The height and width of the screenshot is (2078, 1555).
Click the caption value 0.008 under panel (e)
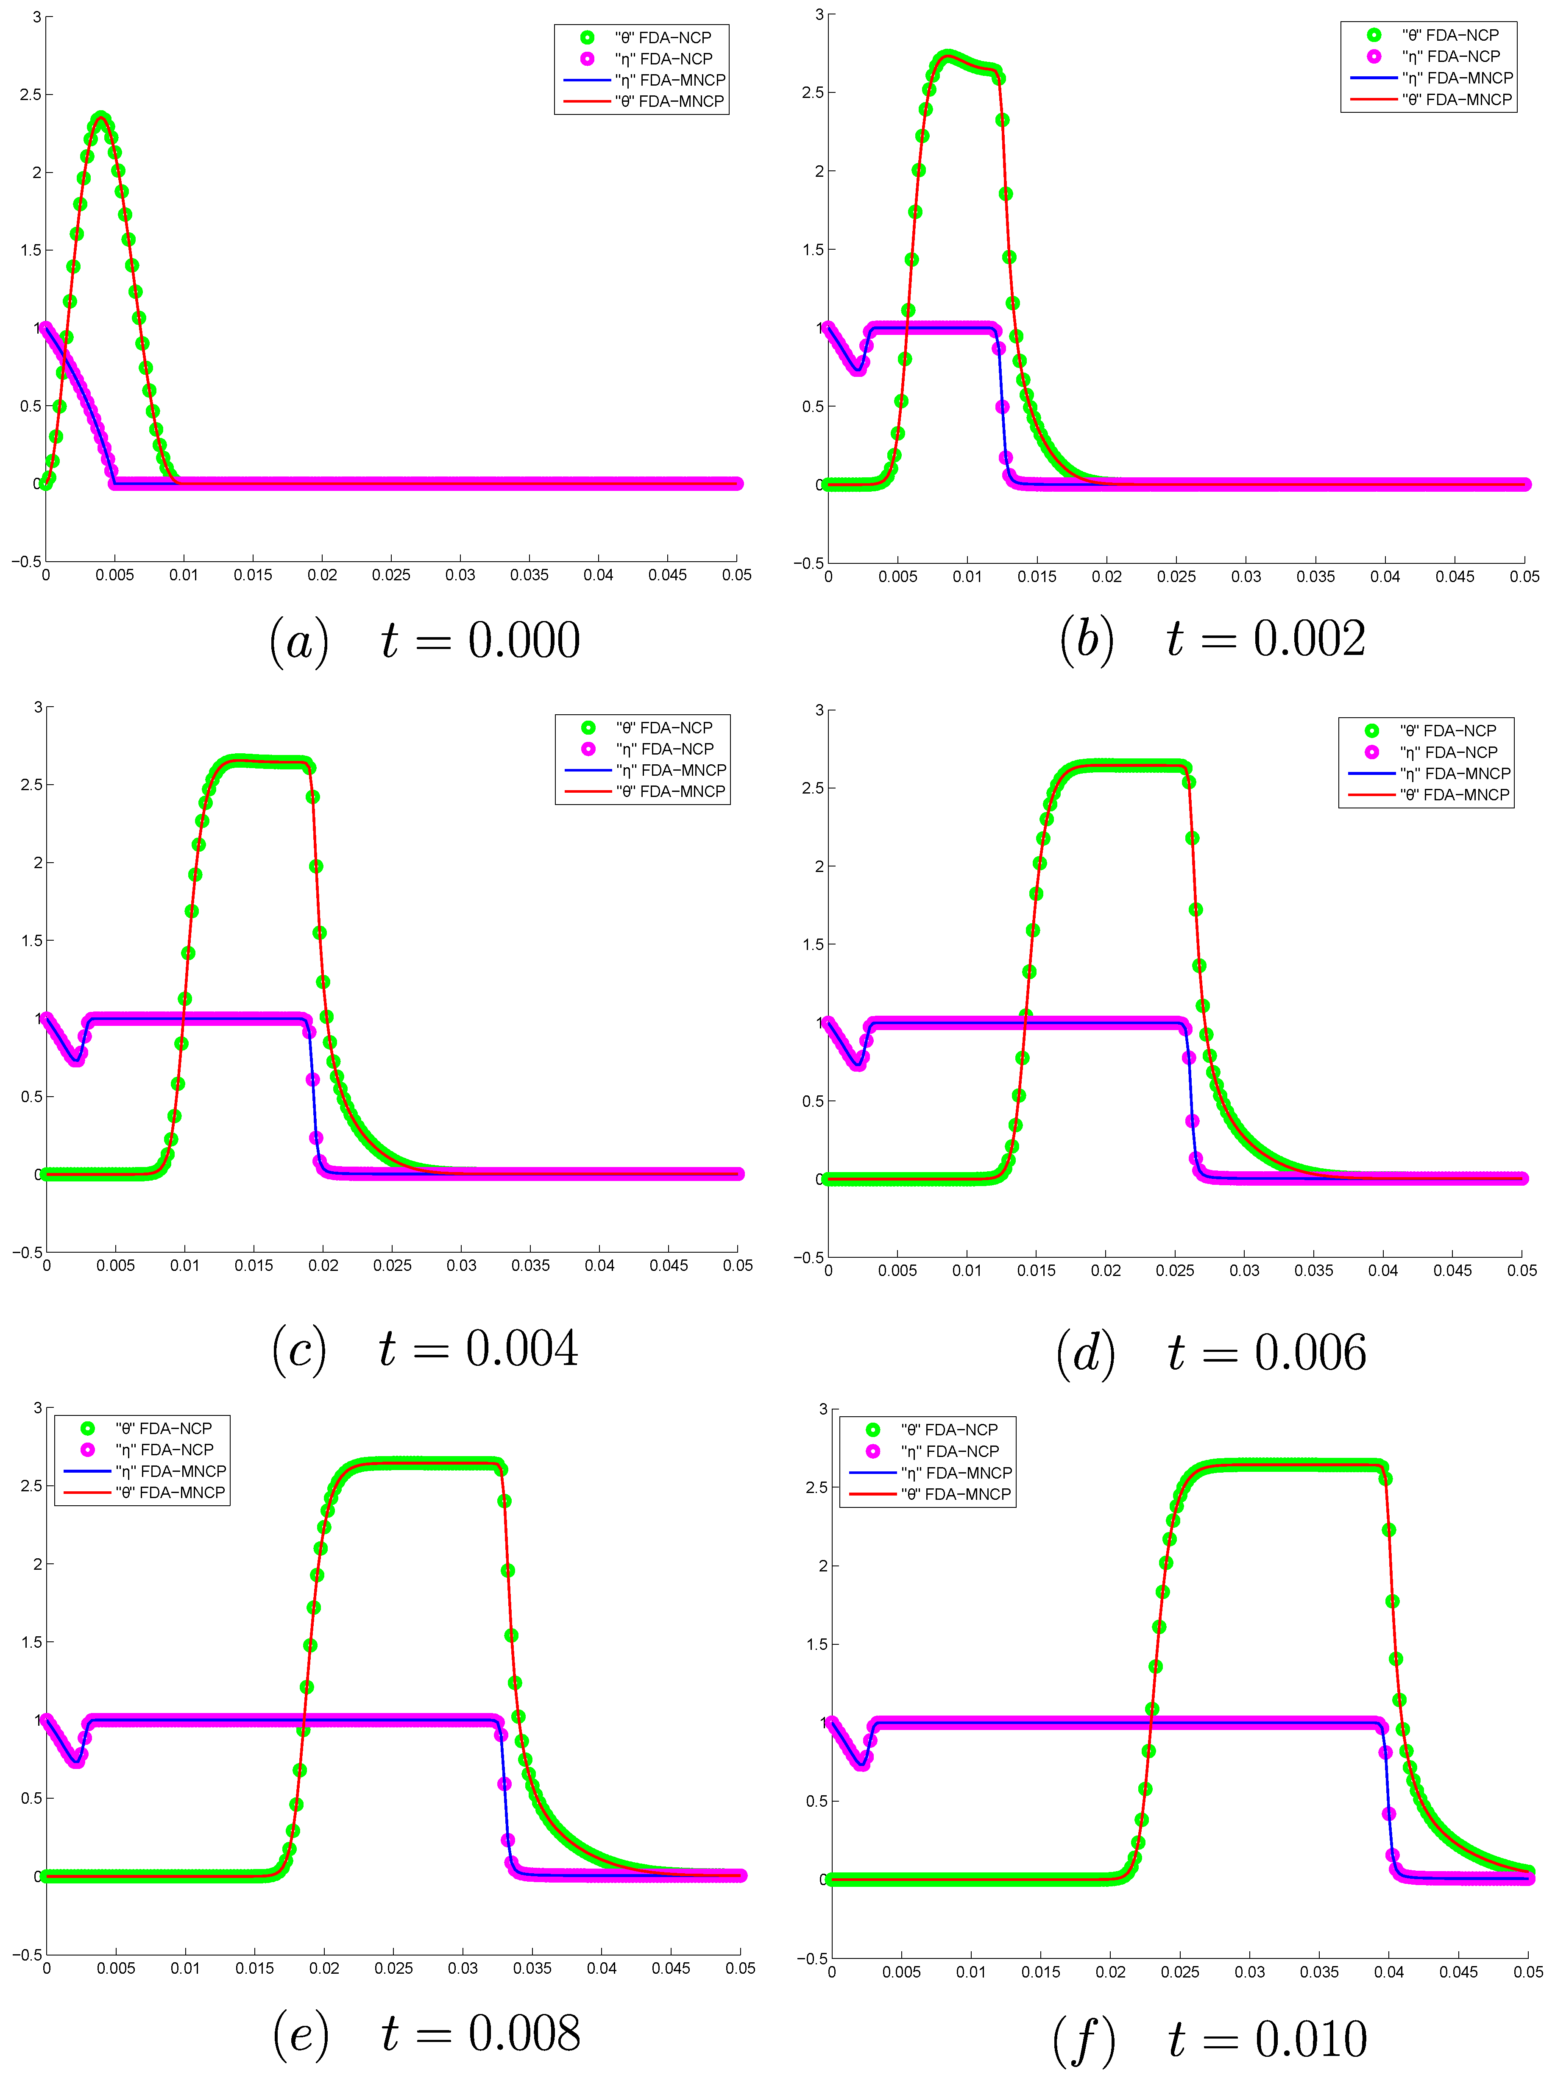[x=524, y=2034]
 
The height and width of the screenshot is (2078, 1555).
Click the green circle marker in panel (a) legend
[x=587, y=38]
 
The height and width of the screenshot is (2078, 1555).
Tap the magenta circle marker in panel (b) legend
[x=1374, y=56]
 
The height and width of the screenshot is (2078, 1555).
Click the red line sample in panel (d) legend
[x=1372, y=795]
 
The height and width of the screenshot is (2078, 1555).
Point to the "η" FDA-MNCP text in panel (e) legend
[x=171, y=1471]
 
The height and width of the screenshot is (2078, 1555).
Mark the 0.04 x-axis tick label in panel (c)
[x=599, y=1265]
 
